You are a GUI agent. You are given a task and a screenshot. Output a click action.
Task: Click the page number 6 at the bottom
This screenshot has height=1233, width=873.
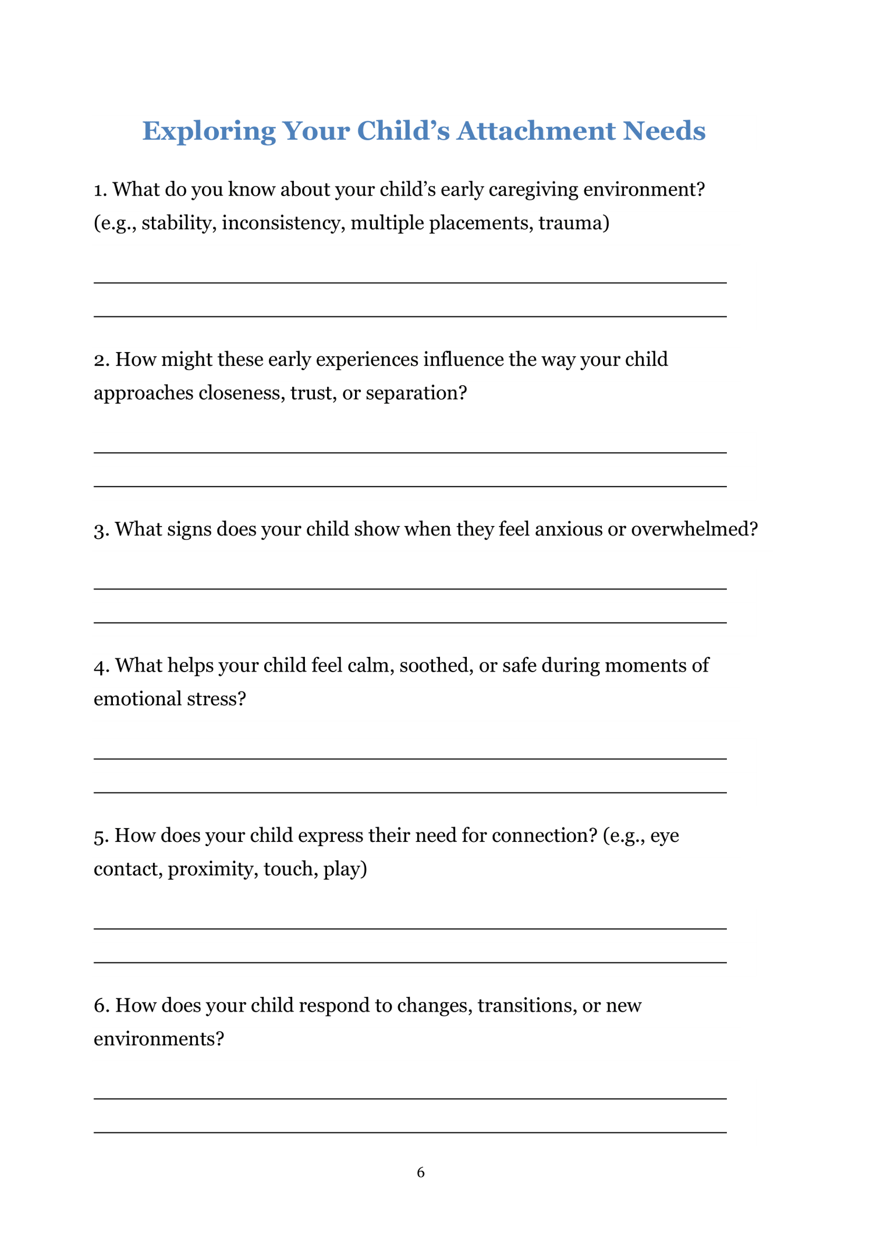pyautogui.click(x=421, y=1172)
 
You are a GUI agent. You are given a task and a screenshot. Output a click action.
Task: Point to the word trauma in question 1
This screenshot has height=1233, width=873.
pyautogui.click(x=573, y=223)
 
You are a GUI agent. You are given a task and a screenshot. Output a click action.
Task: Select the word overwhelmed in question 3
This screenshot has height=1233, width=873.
pyautogui.click(x=694, y=530)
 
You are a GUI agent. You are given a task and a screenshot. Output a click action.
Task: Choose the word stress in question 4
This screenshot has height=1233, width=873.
pyautogui.click(x=217, y=699)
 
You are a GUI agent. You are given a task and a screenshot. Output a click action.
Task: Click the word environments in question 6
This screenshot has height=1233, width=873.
pyautogui.click(x=158, y=1039)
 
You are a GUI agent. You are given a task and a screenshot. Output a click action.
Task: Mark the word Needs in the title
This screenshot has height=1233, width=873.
pyautogui.click(x=664, y=131)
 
